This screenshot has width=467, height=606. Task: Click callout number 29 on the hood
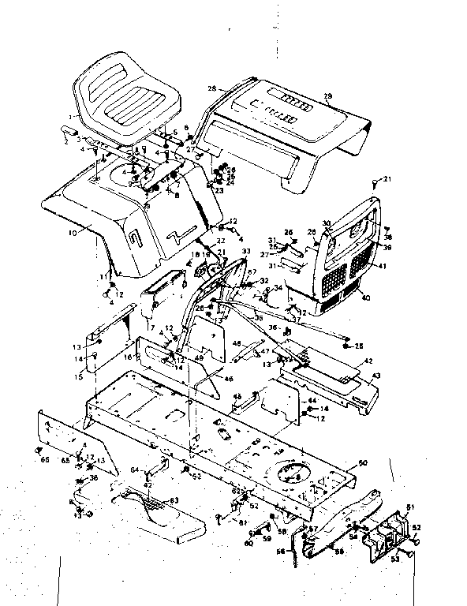327,97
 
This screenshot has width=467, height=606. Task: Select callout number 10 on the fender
73,234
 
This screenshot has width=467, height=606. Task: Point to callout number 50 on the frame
362,461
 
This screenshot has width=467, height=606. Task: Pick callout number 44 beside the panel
312,401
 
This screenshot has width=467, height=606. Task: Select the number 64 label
134,470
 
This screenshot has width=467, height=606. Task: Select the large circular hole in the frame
293,472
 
